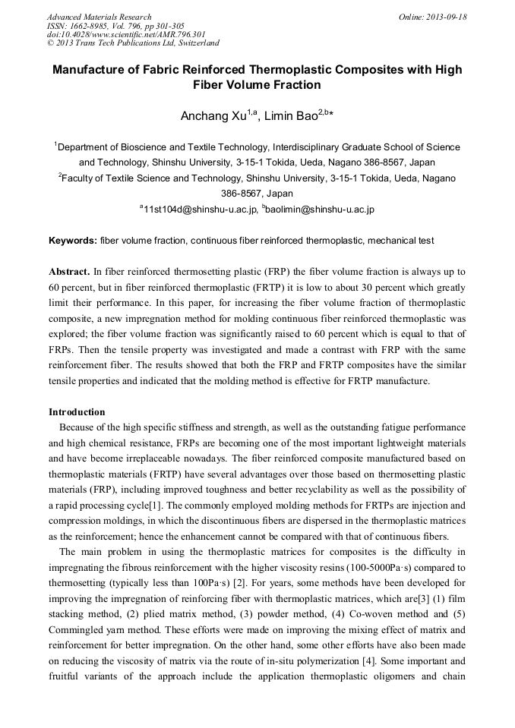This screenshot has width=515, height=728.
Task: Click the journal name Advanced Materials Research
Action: [x=99, y=17]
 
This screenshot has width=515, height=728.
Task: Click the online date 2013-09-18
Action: [x=444, y=17]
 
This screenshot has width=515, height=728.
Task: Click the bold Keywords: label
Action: [x=73, y=241]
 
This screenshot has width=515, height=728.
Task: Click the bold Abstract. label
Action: [x=69, y=271]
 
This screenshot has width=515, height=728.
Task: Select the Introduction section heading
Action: [x=77, y=412]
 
